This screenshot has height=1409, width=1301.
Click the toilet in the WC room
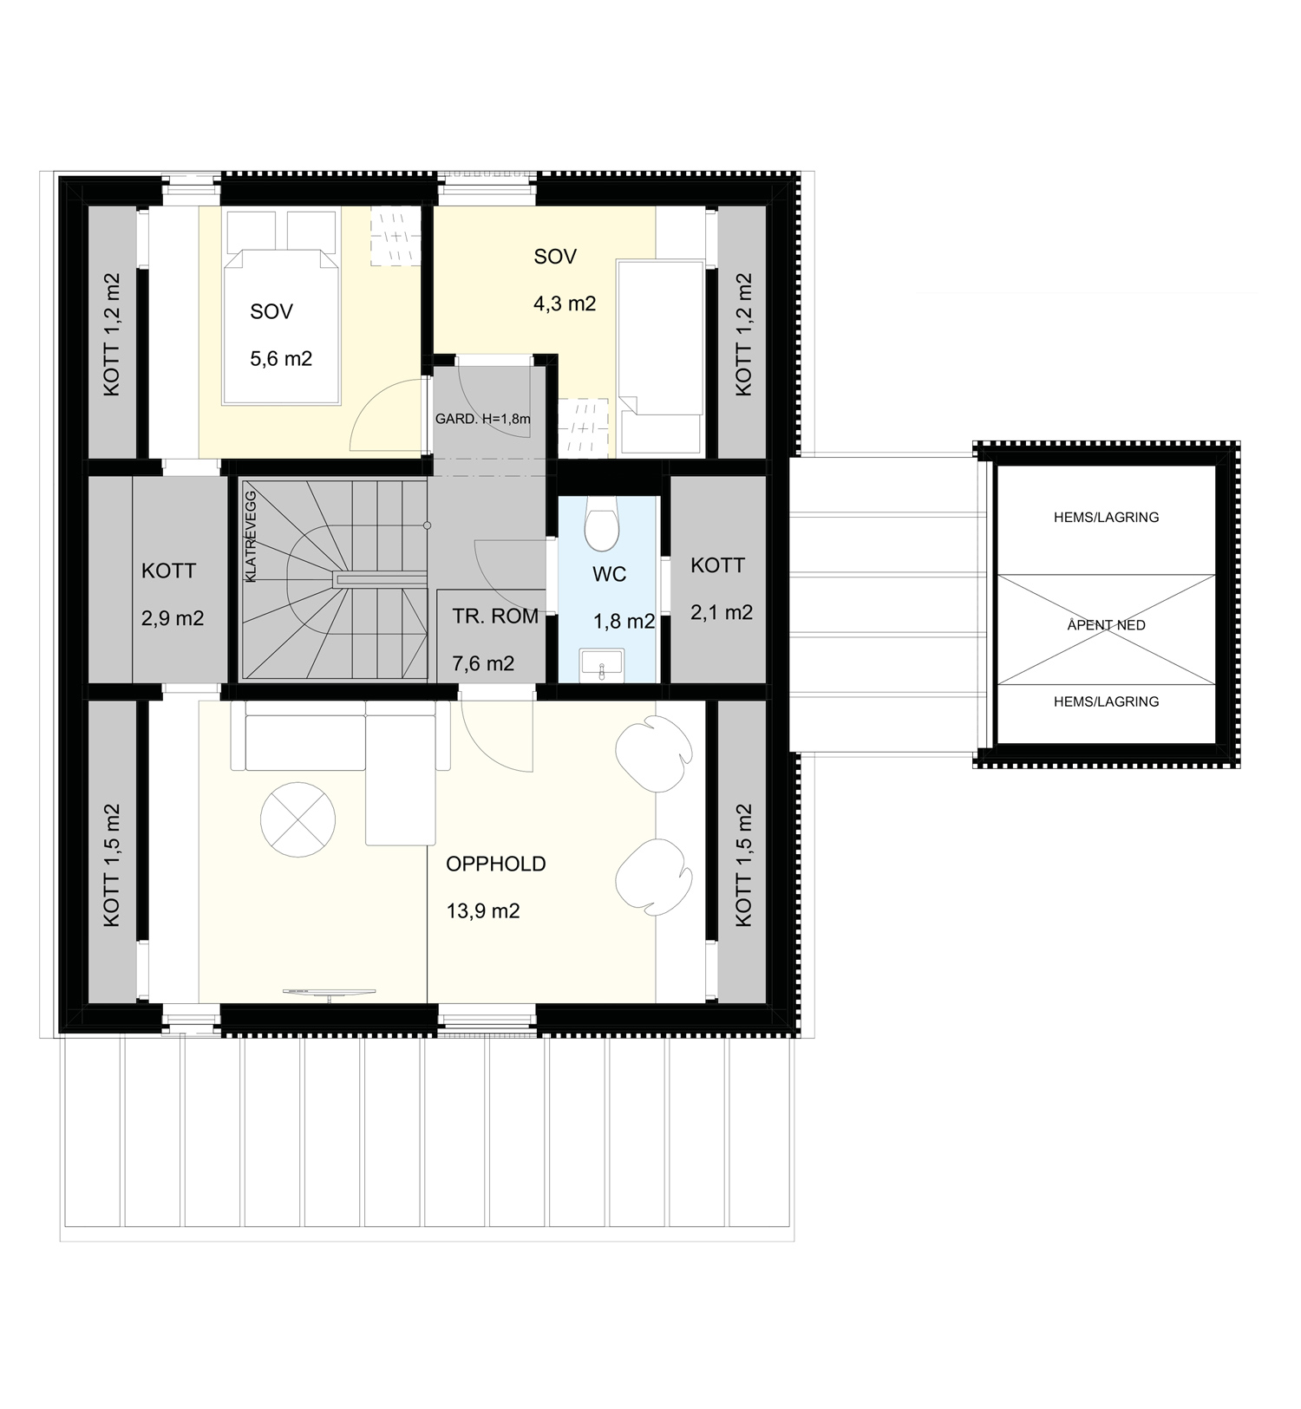point(602,523)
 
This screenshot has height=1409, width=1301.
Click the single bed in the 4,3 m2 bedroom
point(660,356)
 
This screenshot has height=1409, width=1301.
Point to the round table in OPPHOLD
point(297,819)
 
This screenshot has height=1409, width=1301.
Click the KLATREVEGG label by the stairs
point(252,536)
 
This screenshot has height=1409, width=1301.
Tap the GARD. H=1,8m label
point(483,419)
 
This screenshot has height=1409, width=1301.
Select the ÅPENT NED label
point(1107,624)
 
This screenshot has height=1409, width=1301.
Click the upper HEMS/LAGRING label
point(1107,517)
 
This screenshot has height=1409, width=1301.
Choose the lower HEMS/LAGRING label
point(1107,701)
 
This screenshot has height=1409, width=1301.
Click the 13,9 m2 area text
point(483,911)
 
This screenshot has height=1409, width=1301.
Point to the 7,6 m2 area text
point(483,664)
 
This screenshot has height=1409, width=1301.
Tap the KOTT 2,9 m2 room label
point(173,595)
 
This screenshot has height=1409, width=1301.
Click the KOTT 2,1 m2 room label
point(722,589)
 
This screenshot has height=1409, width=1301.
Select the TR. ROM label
point(495,616)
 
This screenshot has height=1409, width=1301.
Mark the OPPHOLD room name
point(496,864)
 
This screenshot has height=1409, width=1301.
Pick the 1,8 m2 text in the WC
point(624,622)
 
